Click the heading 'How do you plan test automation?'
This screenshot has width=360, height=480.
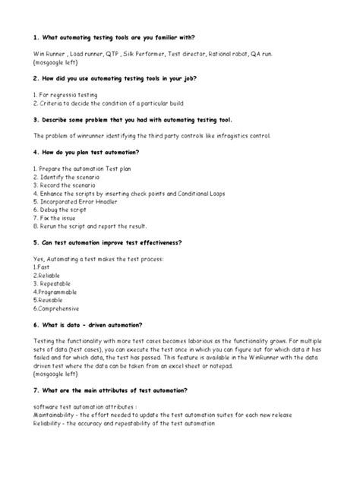point(96,151)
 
